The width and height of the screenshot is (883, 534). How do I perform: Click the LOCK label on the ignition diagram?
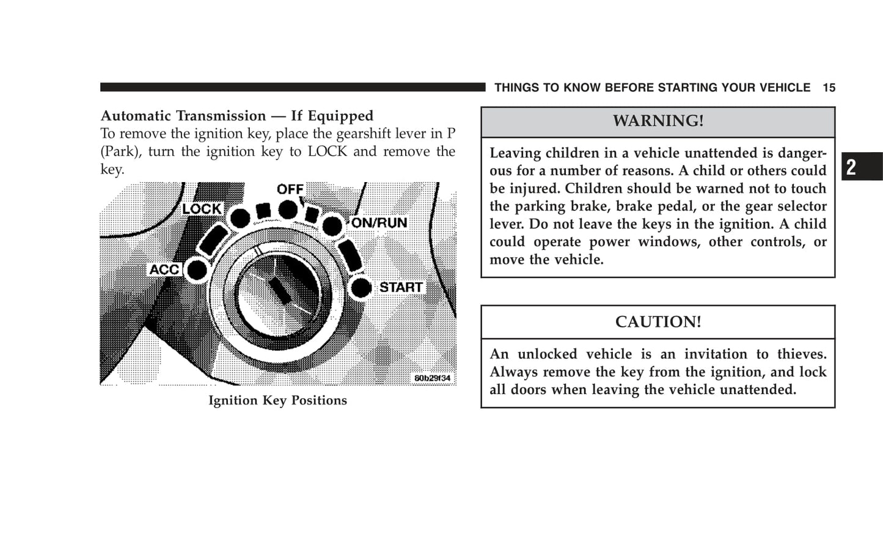pos(202,209)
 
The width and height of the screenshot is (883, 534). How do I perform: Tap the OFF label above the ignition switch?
pos(290,189)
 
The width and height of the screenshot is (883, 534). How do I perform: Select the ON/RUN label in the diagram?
pos(379,223)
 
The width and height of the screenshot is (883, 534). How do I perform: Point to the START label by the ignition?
pos(401,287)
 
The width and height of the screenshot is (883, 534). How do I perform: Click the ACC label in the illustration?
pos(164,269)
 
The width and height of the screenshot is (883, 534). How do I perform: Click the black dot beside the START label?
pos(362,288)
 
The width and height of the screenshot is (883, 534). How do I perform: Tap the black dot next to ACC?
pos(196,270)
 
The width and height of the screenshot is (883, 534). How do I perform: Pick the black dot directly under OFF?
pos(288,210)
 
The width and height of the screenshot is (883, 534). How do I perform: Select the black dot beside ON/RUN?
pos(332,226)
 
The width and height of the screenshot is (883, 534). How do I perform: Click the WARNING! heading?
pos(658,121)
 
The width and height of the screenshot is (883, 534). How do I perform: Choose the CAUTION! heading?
pos(658,322)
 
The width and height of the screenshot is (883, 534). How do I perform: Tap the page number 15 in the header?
pos(829,88)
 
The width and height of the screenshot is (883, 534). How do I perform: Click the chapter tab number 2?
pos(852,167)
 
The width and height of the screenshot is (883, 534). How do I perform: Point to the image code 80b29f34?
pos(432,378)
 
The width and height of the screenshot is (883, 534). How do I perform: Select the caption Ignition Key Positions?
pos(277,401)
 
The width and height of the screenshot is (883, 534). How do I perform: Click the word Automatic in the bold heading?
pos(137,116)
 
